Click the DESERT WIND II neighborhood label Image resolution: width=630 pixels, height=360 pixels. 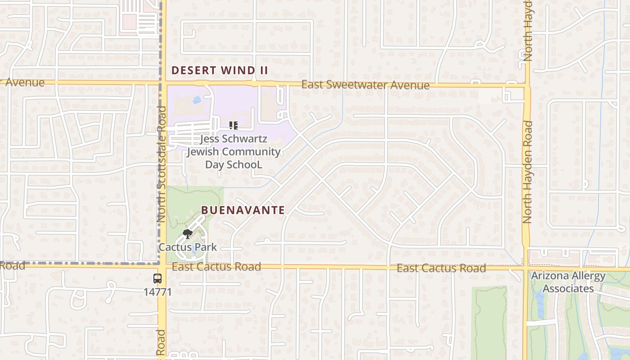click(220, 70)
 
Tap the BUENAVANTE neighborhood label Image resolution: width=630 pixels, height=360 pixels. click(243, 210)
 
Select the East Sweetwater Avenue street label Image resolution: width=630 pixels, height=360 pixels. click(365, 85)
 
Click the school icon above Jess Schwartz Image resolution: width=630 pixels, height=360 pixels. click(233, 126)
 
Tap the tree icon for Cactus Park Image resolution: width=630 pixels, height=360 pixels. click(188, 234)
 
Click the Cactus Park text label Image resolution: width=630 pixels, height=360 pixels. click(188, 247)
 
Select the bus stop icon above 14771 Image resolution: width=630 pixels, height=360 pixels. click(157, 279)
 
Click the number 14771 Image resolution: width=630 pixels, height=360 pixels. click(157, 292)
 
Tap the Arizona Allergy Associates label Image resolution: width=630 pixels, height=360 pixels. click(568, 282)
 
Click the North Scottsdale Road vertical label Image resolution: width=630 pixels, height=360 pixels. click(162, 164)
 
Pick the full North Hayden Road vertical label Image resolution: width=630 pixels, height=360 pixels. click(527, 172)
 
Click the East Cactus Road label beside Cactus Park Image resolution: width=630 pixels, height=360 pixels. click(216, 267)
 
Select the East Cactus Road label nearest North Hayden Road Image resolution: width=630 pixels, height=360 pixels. click(441, 268)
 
